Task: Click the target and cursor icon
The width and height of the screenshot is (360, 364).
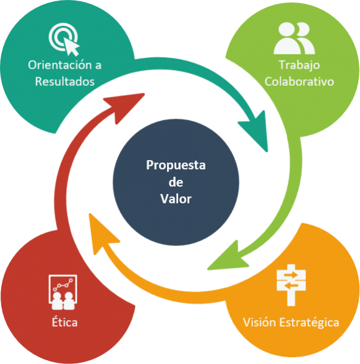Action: click(64, 39)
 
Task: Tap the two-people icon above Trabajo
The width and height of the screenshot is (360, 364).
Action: click(294, 38)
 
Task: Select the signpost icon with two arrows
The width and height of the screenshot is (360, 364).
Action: click(291, 285)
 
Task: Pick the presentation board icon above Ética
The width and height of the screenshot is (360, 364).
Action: click(63, 292)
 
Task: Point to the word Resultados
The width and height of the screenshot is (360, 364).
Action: click(65, 82)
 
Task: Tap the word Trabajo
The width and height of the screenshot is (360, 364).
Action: click(299, 66)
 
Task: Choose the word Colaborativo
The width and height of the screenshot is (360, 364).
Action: click(299, 82)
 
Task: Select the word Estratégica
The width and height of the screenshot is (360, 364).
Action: click(309, 323)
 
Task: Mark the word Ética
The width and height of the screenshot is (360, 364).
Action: click(64, 321)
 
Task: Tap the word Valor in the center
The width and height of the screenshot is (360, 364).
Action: click(176, 199)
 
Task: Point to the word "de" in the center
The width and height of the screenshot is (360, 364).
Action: click(176, 182)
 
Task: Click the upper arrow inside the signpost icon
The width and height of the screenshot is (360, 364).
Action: click(291, 275)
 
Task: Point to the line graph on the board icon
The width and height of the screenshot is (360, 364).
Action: click(62, 285)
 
